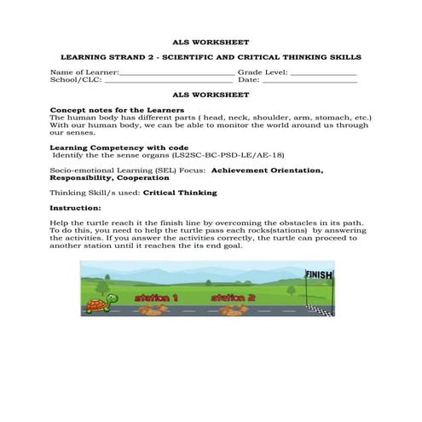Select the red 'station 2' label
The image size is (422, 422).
233,298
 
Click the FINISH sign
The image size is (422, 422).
319,275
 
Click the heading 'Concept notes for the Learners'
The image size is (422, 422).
117,111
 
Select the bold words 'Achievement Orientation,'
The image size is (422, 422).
266,171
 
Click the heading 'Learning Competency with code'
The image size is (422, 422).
118,148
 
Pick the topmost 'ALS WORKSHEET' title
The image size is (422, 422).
211,41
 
